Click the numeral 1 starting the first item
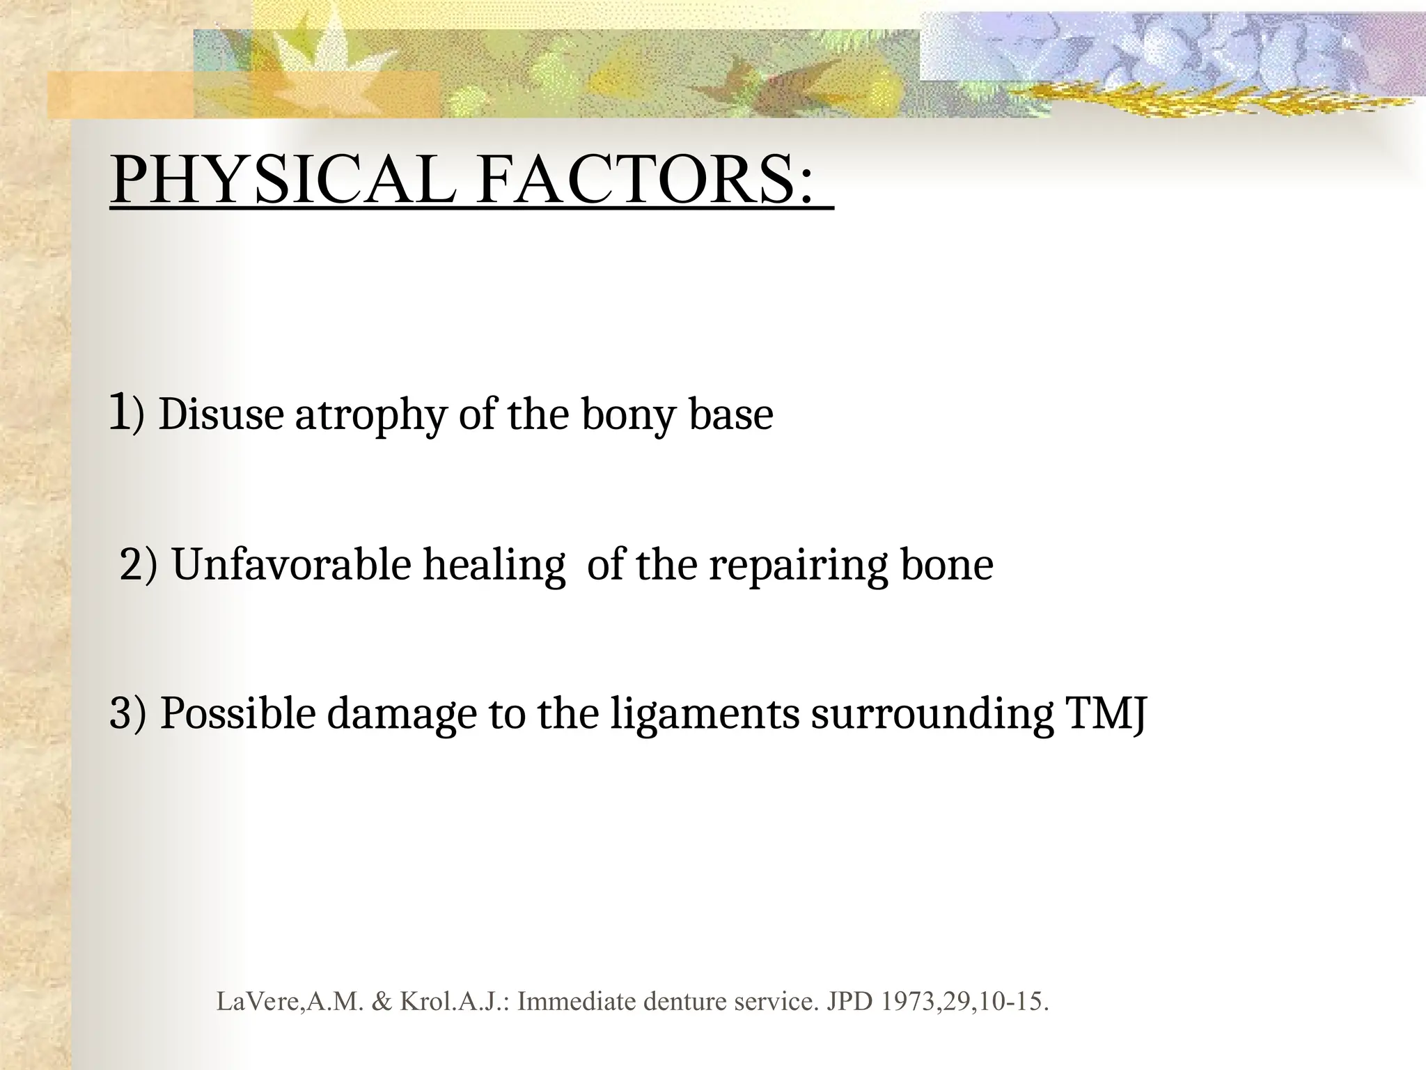point(119,412)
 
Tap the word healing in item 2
point(494,566)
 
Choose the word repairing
point(799,566)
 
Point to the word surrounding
point(932,715)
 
